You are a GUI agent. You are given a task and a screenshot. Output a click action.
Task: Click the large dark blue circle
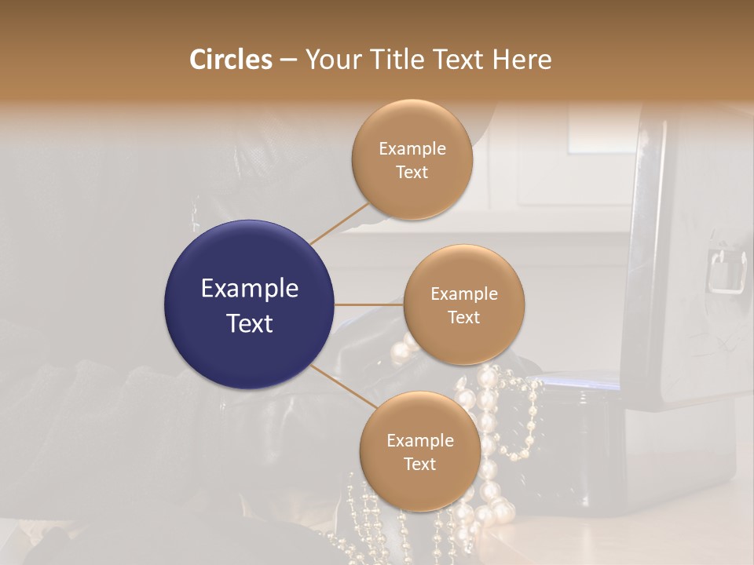click(249, 304)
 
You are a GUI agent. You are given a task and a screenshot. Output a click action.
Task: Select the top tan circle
click(412, 159)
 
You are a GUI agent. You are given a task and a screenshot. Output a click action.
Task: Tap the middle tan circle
click(463, 304)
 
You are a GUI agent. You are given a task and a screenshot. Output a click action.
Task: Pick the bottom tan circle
click(419, 451)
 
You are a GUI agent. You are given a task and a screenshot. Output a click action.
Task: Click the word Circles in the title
click(231, 60)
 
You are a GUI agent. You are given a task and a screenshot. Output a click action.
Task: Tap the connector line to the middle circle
click(369, 304)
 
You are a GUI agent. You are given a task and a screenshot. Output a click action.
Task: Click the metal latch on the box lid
click(727, 271)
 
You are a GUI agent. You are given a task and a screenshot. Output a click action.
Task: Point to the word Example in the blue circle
click(249, 289)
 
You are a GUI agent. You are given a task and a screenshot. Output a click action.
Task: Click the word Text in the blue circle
click(249, 323)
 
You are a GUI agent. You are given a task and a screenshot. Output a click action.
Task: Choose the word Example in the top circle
click(412, 148)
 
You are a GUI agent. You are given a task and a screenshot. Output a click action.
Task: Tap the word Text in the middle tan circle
click(463, 317)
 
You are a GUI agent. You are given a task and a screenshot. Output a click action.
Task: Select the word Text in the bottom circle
click(419, 464)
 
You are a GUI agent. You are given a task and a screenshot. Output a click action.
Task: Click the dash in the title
click(288, 60)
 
